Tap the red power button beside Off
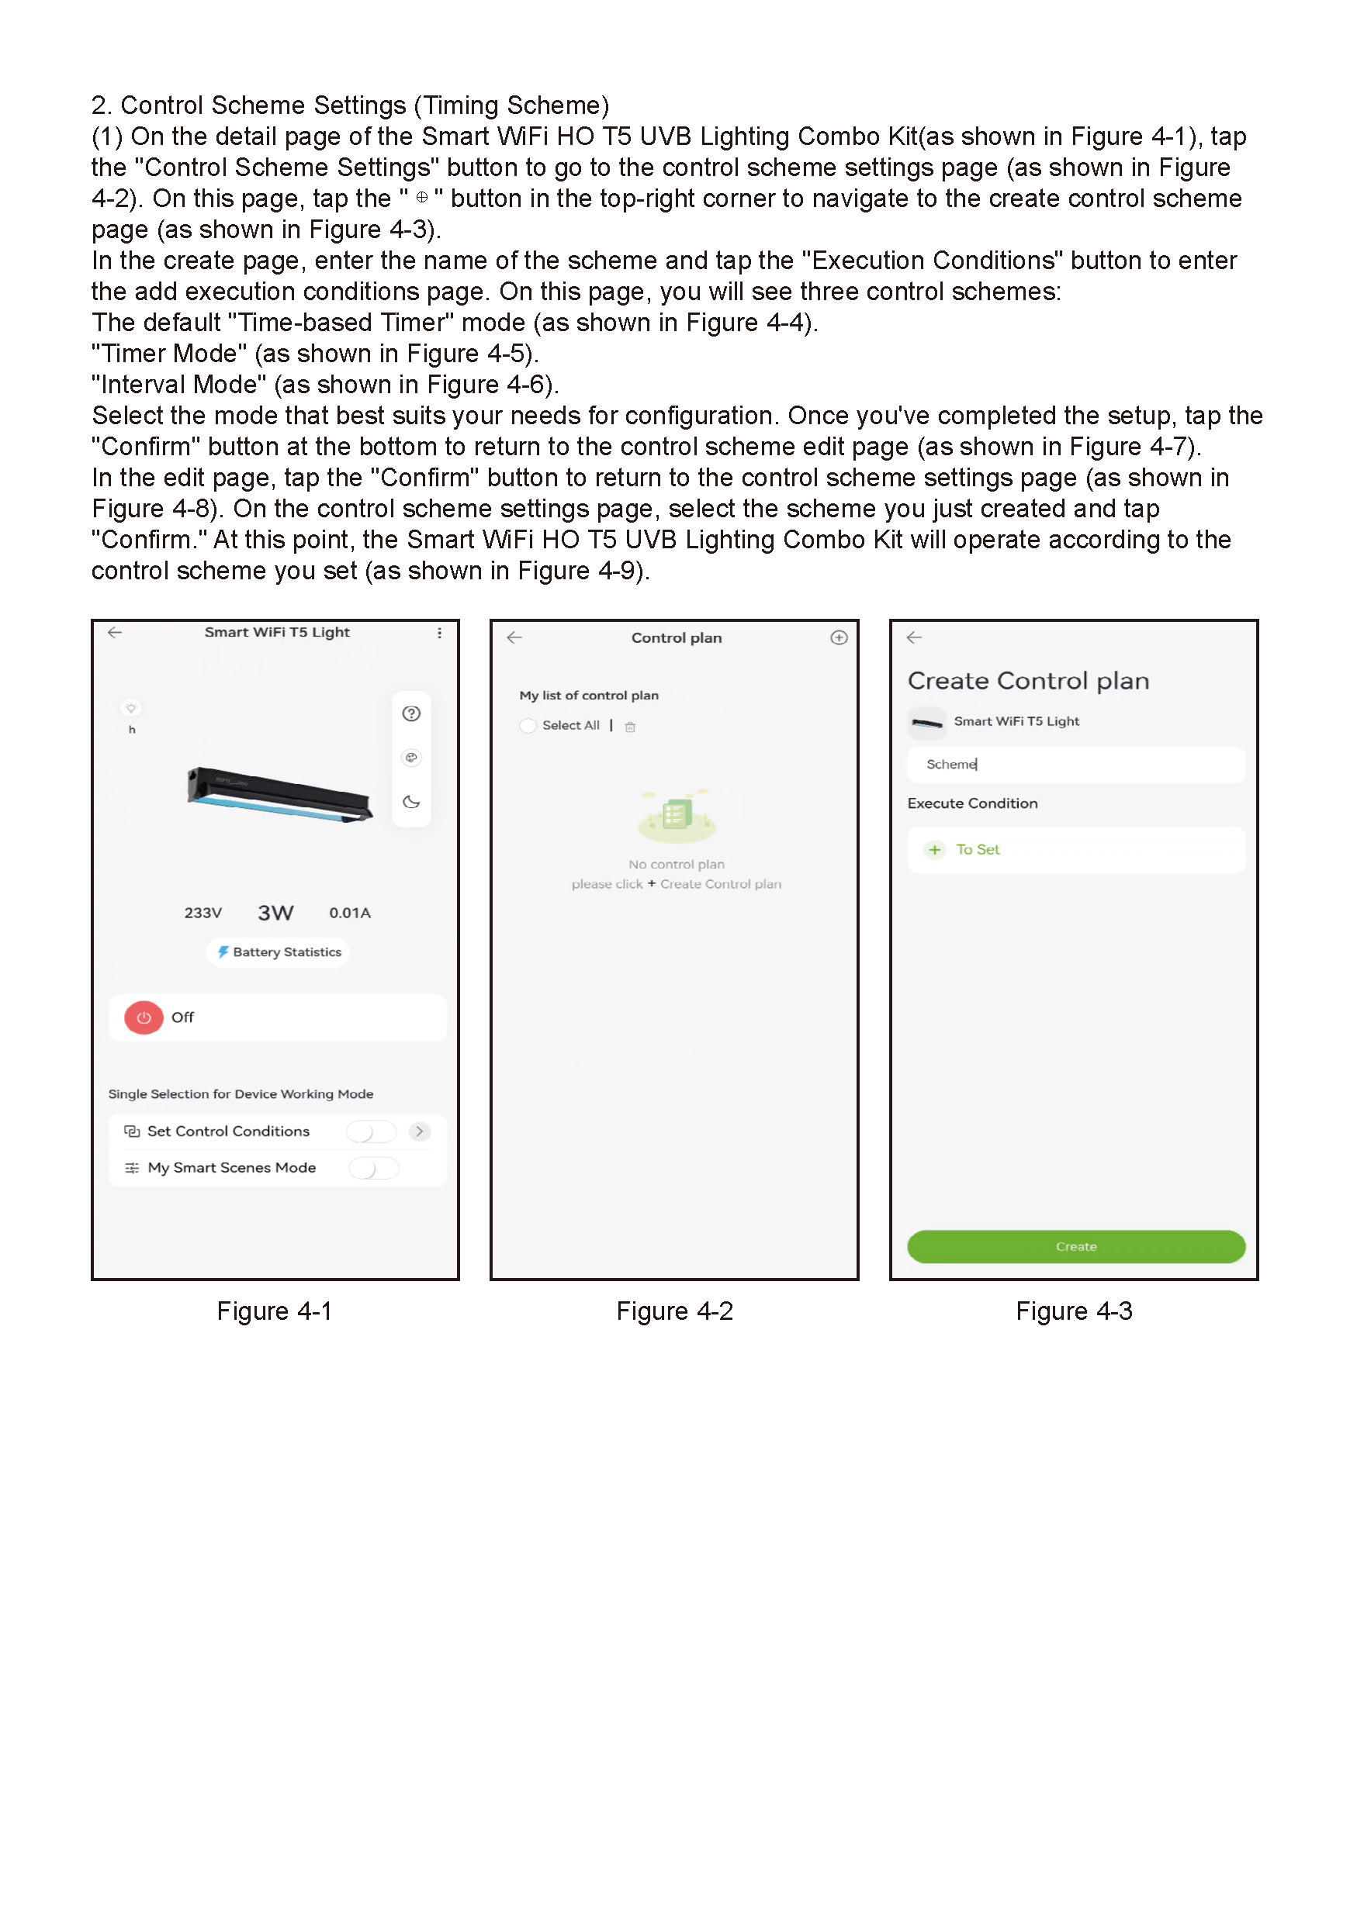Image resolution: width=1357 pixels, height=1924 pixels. coord(144,1017)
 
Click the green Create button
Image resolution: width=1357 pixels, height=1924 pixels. coord(1075,1246)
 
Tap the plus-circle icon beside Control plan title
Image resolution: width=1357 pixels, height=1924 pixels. coord(838,637)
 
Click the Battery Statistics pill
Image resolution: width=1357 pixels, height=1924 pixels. coord(279,952)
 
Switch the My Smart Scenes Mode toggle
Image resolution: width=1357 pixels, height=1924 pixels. coord(374,1168)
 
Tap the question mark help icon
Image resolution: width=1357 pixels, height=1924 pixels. coord(410,713)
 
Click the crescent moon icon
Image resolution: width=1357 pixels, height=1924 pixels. coord(410,802)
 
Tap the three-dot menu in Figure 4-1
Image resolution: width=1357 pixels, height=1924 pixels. coord(439,634)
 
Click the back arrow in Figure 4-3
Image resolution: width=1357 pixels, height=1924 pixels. coord(915,637)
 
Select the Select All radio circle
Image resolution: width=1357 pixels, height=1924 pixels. coord(528,726)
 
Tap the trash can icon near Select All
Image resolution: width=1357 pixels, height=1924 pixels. coord(630,727)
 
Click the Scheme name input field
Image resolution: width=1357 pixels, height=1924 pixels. coord(1075,764)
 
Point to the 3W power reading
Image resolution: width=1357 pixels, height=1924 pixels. coord(275,913)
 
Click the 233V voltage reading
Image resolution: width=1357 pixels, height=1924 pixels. coord(203,913)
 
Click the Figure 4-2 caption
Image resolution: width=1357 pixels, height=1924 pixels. coord(674,1311)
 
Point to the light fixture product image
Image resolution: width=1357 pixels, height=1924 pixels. coord(279,793)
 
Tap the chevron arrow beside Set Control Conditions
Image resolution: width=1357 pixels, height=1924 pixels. coord(420,1131)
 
